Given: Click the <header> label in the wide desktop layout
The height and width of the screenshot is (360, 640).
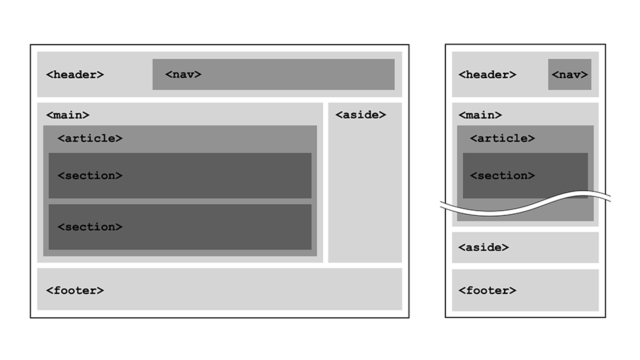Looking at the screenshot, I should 75,75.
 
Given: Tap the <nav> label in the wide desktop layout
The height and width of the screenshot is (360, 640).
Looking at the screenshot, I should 183,75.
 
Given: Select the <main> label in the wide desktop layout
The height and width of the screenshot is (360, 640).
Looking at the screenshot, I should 67,115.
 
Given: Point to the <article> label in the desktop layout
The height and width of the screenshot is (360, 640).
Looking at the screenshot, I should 90,139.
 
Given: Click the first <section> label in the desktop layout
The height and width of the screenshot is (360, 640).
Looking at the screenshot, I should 90,176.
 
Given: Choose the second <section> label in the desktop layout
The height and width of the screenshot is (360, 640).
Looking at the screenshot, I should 90,227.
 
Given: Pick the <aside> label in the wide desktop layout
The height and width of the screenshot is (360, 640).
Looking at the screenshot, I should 360,115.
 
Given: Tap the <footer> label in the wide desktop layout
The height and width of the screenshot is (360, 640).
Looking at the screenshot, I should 75,291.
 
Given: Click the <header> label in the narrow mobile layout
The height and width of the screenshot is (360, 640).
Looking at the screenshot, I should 487,75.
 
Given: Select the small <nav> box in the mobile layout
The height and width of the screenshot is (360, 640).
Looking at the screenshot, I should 569,75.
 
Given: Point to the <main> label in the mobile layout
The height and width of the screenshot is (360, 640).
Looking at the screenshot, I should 480,115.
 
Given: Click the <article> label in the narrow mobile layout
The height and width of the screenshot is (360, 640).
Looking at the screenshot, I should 502,139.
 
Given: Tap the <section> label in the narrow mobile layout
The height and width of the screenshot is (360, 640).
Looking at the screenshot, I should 502,176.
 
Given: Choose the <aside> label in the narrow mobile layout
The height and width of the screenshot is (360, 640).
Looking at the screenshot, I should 483,247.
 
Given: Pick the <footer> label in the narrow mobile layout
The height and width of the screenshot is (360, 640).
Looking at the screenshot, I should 487,291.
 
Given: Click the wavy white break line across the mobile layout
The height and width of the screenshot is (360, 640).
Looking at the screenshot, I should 527,207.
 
